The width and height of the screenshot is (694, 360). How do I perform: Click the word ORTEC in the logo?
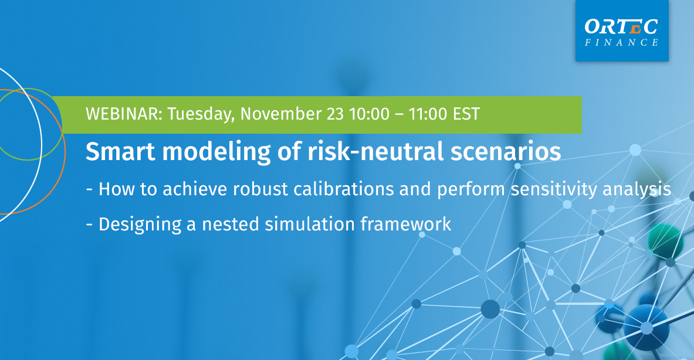click(x=621, y=26)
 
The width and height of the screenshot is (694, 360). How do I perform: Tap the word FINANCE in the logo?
click(x=621, y=42)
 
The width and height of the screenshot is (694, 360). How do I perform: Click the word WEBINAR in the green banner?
click(x=124, y=114)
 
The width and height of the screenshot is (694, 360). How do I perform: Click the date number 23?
click(x=335, y=114)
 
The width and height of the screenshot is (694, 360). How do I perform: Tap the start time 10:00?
click(x=369, y=114)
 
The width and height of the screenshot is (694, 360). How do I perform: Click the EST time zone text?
click(x=466, y=114)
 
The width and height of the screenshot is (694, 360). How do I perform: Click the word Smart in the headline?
click(x=120, y=151)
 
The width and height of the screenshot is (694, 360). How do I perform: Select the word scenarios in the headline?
click(x=506, y=152)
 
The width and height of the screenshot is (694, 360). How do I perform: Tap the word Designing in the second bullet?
click(x=140, y=225)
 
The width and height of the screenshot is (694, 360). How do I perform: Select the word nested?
click(x=231, y=225)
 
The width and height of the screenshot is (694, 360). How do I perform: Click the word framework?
click(x=406, y=224)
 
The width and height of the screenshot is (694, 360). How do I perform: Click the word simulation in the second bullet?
click(x=310, y=224)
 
